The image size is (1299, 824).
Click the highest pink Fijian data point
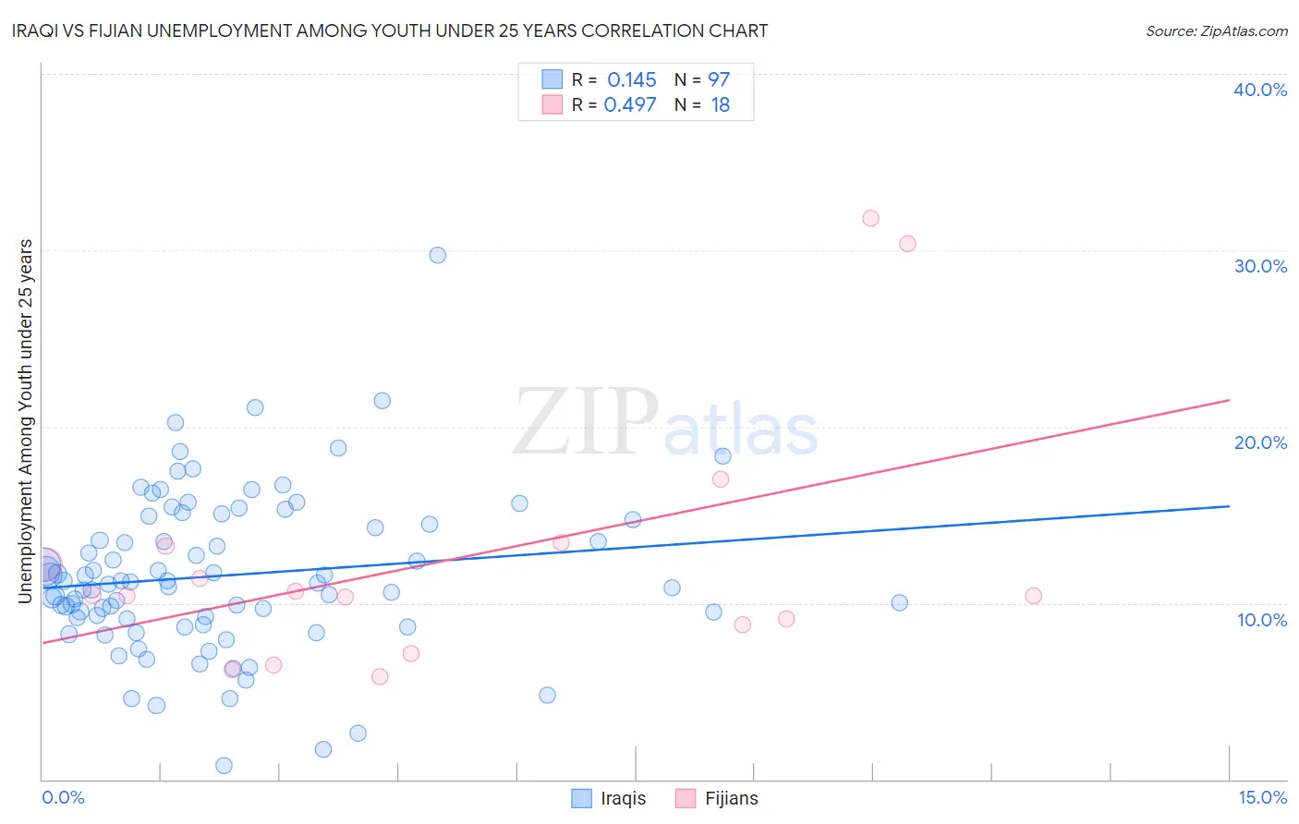tap(870, 219)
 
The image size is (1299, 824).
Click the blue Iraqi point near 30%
tap(438, 255)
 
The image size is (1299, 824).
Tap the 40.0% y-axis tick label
tap(1260, 90)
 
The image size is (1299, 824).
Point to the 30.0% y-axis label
tap(1260, 266)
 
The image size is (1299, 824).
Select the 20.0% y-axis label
tap(1260, 442)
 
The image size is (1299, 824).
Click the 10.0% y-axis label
tap(1262, 620)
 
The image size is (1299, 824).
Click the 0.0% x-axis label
tap(63, 797)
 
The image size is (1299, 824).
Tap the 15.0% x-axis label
tap(1262, 797)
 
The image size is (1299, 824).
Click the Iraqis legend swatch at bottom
tap(581, 798)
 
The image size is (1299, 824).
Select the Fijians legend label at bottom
tap(731, 798)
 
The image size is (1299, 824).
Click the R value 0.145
tap(632, 80)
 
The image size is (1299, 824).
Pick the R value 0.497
tap(630, 105)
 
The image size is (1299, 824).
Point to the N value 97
tap(719, 80)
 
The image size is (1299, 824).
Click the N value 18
tap(721, 105)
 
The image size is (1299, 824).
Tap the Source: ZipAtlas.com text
tap(1216, 31)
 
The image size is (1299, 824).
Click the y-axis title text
tap(25, 421)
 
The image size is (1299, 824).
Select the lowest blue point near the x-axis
tap(224, 766)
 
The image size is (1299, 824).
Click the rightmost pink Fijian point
tap(1034, 596)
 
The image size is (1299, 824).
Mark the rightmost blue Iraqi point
tap(900, 603)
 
